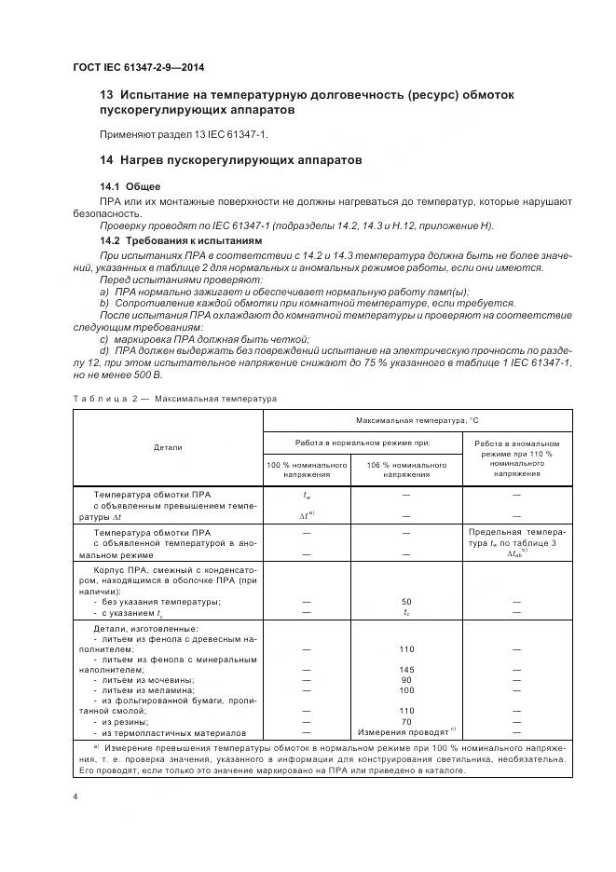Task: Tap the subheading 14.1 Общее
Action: [123, 186]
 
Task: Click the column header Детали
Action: [168, 448]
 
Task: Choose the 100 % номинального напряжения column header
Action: [307, 470]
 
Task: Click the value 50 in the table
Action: [405, 602]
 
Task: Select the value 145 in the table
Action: [405, 670]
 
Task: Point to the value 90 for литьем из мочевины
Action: [405, 680]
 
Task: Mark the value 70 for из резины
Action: [405, 721]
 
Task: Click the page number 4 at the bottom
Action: [75, 797]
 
